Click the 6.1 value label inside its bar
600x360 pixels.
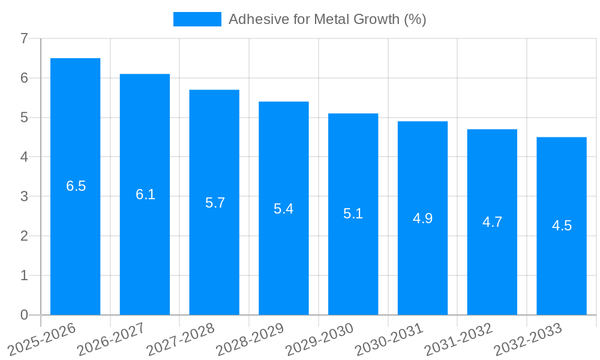[x=145, y=194]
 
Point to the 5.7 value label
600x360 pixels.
[x=215, y=203]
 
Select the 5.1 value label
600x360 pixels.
[x=353, y=214]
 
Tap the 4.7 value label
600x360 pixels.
[x=492, y=222]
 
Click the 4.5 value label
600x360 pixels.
[x=562, y=226]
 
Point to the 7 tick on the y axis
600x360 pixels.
[x=24, y=38]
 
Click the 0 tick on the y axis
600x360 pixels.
[x=24, y=315]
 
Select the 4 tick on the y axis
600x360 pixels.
[x=24, y=157]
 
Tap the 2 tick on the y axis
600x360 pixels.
[x=24, y=236]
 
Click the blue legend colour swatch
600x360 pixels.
[x=197, y=19]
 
